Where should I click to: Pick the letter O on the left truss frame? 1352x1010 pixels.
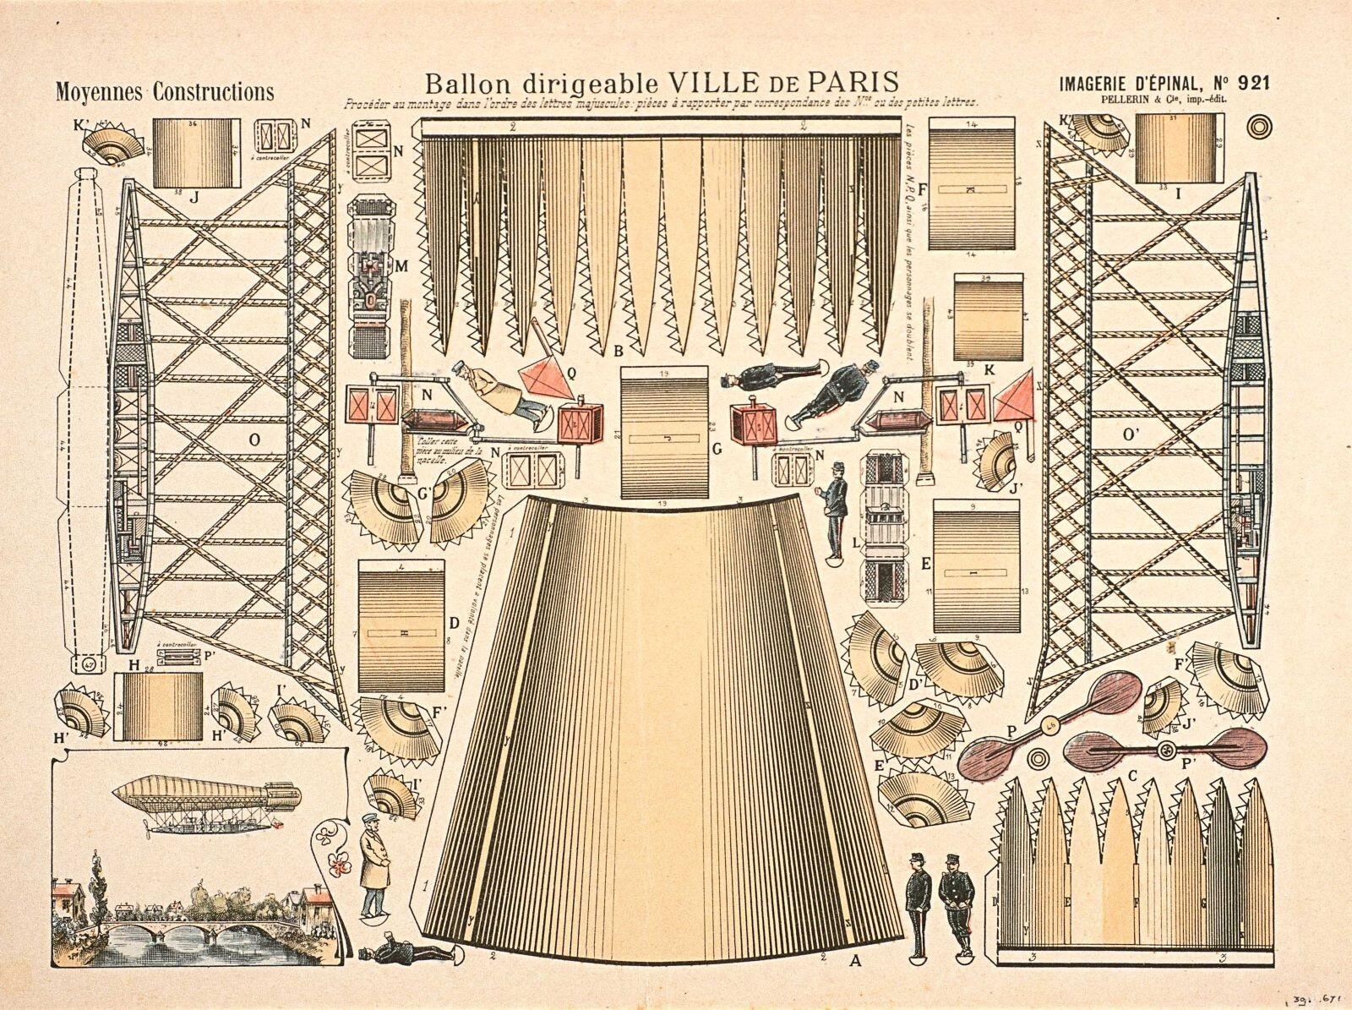tap(253, 439)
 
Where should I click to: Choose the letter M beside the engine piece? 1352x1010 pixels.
tap(401, 267)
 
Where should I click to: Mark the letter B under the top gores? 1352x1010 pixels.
tap(619, 350)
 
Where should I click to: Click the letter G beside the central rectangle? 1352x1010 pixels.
tap(716, 450)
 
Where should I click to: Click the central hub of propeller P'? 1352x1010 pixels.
tap(1168, 749)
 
